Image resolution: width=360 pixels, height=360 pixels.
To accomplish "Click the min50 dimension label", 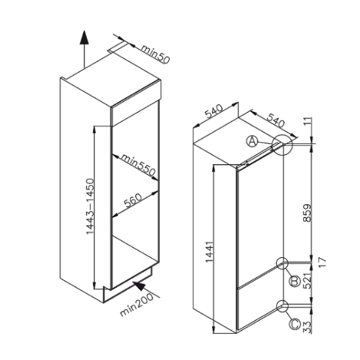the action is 155,54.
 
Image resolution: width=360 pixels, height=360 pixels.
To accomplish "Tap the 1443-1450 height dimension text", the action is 90,206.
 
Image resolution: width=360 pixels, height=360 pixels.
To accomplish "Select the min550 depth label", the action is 139,164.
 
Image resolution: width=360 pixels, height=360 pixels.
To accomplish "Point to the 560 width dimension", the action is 133,200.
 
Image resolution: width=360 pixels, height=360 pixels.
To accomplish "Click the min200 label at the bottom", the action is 136,304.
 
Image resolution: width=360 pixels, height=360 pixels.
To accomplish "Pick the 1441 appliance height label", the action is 209,251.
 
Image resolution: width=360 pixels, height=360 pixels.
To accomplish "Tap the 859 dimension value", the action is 307,213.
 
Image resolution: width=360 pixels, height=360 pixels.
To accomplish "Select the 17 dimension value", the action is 322,262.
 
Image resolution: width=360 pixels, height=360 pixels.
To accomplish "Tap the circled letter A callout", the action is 252,141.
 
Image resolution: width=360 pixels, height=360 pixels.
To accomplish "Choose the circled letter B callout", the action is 295,281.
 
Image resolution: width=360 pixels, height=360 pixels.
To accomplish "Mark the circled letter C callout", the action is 295,324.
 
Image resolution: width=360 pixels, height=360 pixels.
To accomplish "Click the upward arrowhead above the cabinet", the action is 84,37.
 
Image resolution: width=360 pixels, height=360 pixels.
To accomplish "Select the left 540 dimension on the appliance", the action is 213,111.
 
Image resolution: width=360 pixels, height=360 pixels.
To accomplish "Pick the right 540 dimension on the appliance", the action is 276,120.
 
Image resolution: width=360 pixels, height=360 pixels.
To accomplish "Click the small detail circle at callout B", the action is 277,263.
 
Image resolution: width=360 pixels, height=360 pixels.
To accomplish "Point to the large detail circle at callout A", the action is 272,145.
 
